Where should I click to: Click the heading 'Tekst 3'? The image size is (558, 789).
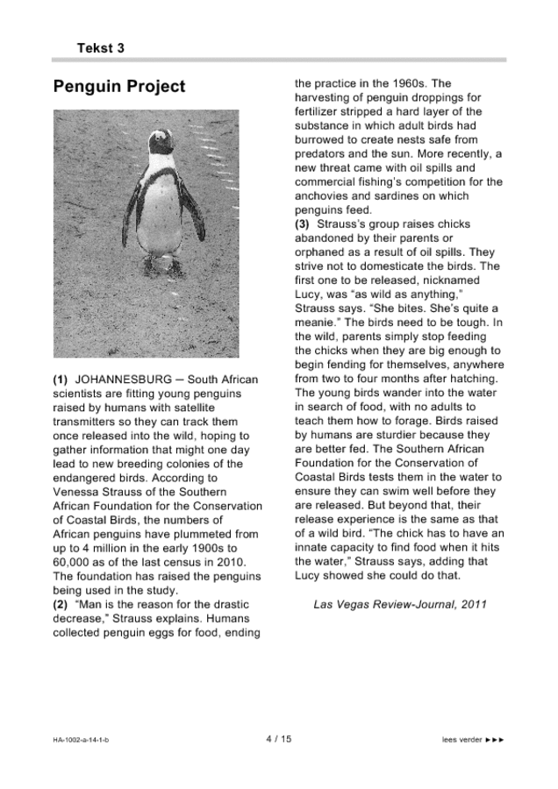tap(100, 48)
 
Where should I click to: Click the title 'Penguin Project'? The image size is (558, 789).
tap(119, 87)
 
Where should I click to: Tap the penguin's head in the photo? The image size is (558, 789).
tap(160, 144)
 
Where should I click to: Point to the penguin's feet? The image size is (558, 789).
tap(161, 264)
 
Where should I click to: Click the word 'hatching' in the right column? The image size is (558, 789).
tap(473, 379)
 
